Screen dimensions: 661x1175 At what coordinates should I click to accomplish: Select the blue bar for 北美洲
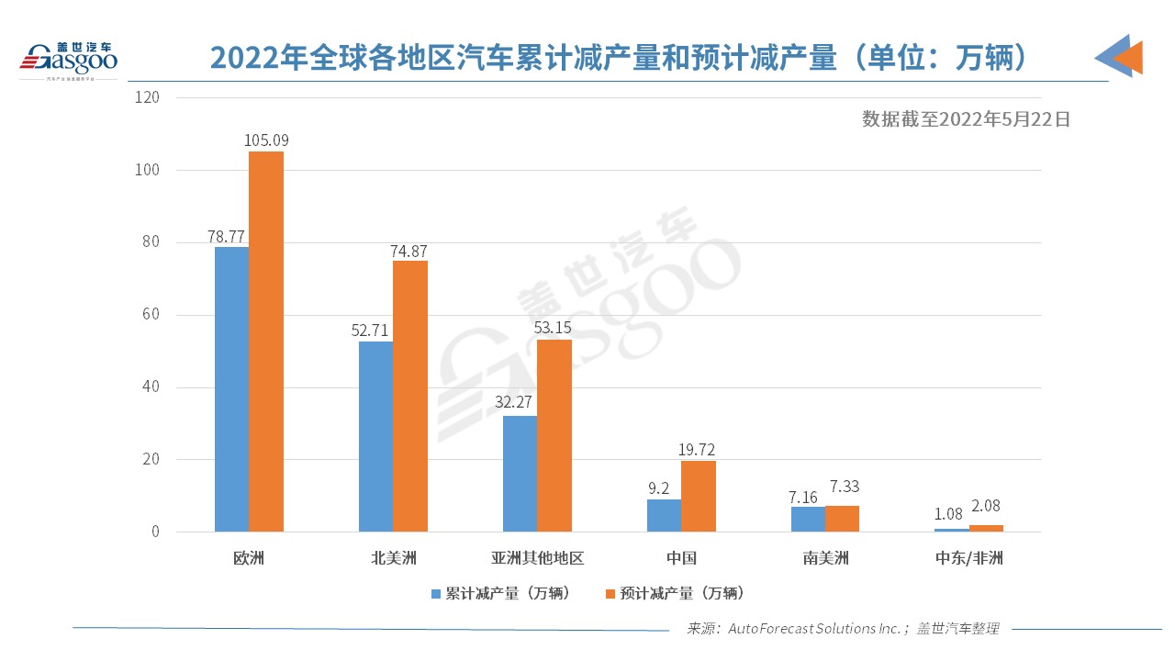[x=375, y=436]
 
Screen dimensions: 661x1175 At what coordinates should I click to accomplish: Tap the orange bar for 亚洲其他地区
[x=554, y=435]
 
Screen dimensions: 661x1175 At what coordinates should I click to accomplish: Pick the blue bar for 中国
[x=664, y=515]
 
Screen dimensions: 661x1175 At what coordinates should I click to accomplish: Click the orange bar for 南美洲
[x=842, y=519]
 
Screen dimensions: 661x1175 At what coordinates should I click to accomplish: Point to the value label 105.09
[x=266, y=140]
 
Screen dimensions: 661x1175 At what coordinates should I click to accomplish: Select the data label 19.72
[x=698, y=450]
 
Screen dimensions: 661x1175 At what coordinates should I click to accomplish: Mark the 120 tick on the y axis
[x=147, y=97]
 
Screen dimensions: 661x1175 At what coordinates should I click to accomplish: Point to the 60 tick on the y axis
[x=151, y=315]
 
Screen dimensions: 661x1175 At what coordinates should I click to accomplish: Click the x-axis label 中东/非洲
[x=968, y=558]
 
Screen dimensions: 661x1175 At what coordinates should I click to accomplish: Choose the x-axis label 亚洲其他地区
[x=537, y=558]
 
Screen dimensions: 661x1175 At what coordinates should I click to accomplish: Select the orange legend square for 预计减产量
[x=610, y=594]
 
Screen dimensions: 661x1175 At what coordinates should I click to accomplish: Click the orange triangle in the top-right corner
[x=1129, y=57]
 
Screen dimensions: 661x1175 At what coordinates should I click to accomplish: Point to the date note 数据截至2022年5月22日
[x=966, y=119]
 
